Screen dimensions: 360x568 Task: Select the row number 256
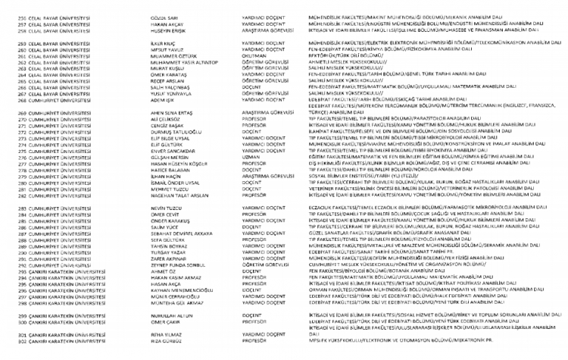pos(5,15)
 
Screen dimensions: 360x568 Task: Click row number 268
pos(5,100)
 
